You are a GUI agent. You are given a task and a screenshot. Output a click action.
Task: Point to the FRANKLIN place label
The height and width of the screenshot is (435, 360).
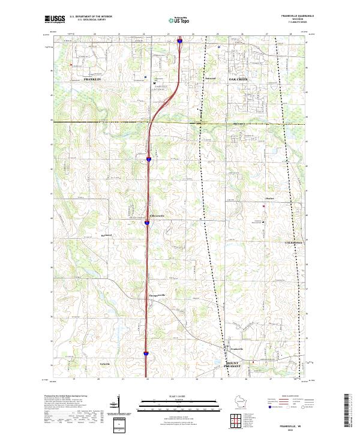(x=93, y=79)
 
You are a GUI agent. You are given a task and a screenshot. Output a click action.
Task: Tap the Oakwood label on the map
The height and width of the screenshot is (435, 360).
(x=210, y=79)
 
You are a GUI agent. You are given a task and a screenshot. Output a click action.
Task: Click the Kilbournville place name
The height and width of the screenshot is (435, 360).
(x=157, y=214)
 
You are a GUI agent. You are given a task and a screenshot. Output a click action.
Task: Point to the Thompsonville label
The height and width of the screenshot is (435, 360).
(x=157, y=296)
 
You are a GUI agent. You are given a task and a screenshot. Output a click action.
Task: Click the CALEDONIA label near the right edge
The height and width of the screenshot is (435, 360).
(x=295, y=242)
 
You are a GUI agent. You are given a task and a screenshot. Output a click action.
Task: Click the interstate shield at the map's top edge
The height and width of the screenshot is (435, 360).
(x=179, y=41)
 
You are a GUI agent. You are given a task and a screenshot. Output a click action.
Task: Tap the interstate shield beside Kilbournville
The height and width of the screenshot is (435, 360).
(x=146, y=223)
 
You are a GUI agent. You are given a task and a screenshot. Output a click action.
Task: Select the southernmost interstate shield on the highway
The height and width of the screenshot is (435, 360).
(x=146, y=354)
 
